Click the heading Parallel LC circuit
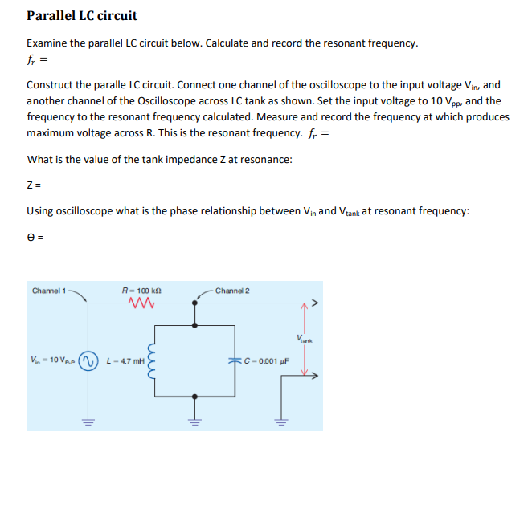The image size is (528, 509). click(82, 15)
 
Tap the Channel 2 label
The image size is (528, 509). click(232, 290)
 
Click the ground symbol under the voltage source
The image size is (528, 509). click(88, 420)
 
